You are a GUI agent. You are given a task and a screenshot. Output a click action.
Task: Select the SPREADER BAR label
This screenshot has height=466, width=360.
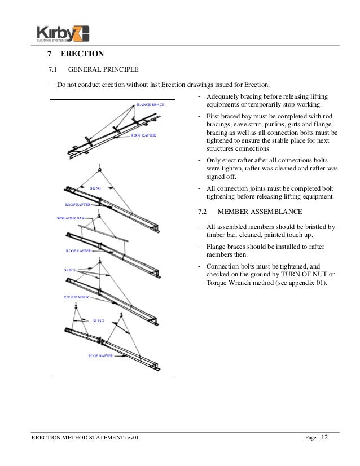pyautogui.click(x=70, y=217)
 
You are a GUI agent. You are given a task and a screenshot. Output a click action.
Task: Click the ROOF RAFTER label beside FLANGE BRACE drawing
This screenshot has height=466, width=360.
pyautogui.click(x=143, y=136)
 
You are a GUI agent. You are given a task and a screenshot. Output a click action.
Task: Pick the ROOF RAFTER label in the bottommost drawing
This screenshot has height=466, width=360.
pyautogui.click(x=100, y=357)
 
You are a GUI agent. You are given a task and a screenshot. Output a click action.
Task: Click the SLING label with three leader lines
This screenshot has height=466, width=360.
pyautogui.click(x=69, y=270)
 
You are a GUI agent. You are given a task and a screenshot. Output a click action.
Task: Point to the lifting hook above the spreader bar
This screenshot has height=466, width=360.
pyautogui.click(x=99, y=215)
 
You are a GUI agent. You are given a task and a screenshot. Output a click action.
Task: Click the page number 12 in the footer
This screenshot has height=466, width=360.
pyautogui.click(x=326, y=438)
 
